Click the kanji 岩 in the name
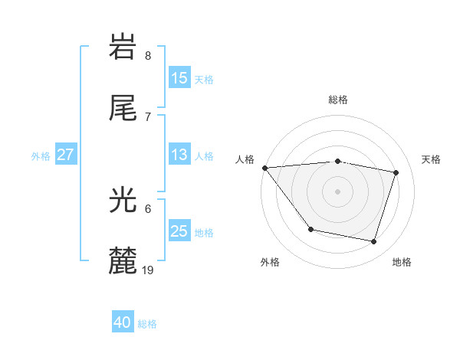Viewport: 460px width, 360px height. point(123,47)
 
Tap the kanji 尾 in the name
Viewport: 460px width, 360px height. point(123,108)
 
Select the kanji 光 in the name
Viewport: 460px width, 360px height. point(123,201)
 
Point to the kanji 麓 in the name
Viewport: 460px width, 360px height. point(123,261)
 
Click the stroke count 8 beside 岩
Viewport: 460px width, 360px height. point(147,55)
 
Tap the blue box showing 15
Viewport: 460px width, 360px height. point(179,78)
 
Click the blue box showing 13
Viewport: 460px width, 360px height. point(179,155)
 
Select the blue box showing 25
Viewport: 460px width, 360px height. point(179,231)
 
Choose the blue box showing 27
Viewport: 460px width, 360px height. point(66,155)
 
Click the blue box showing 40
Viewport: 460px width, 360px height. point(123,322)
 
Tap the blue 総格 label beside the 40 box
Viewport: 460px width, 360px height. point(148,324)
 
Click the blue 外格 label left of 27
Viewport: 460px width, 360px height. point(41,156)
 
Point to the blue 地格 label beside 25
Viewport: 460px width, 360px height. point(204,233)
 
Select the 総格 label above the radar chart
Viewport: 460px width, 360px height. point(338,100)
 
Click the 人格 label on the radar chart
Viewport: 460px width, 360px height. point(245,159)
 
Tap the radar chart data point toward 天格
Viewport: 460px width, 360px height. point(396,172)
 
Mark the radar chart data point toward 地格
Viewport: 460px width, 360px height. point(373,241)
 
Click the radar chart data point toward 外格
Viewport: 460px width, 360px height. point(310,229)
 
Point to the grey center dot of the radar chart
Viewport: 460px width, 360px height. point(338,191)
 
